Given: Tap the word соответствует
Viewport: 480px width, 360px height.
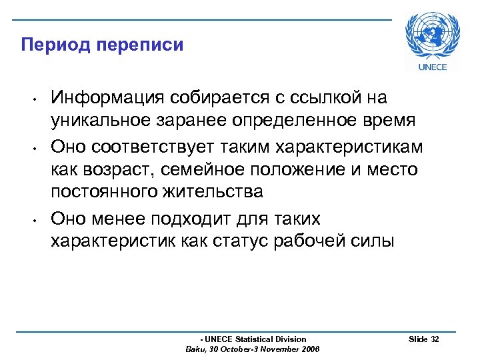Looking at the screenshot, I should coord(153,146).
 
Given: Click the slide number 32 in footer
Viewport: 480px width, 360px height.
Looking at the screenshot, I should coord(435,339).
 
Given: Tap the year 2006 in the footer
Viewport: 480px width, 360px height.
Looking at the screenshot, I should coord(310,349).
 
